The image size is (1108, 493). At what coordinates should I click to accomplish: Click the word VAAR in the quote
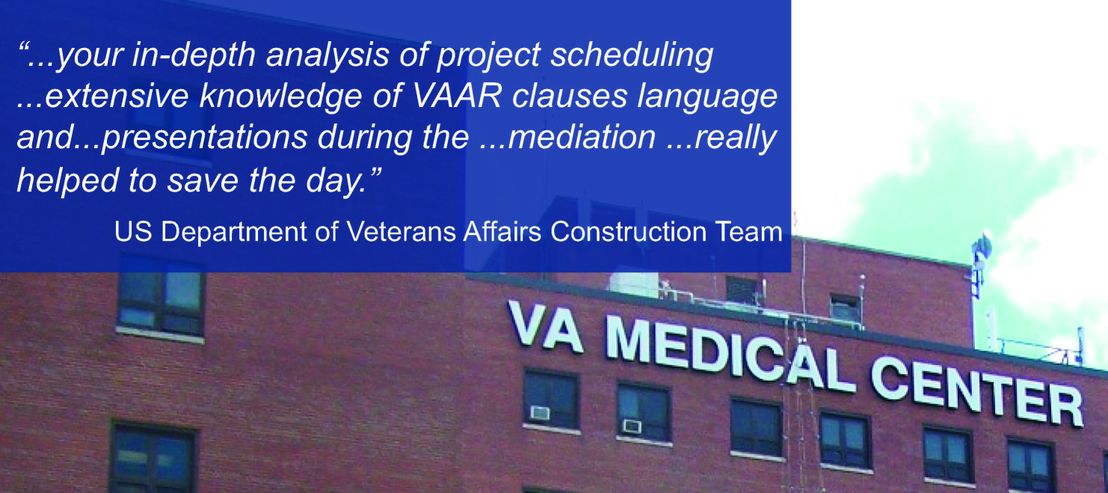tap(457, 96)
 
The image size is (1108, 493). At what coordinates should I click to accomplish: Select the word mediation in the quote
tap(582, 137)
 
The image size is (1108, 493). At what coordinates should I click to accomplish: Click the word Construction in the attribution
tap(628, 232)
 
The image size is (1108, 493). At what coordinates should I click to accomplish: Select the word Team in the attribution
tap(748, 232)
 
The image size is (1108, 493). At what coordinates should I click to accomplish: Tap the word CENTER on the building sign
tap(977, 391)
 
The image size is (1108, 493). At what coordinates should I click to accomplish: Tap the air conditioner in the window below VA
tap(540, 413)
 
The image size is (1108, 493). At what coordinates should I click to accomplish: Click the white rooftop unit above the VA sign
tap(634, 284)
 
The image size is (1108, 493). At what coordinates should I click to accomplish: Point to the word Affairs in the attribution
tap(502, 232)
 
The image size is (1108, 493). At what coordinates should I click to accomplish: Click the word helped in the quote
tap(68, 181)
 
